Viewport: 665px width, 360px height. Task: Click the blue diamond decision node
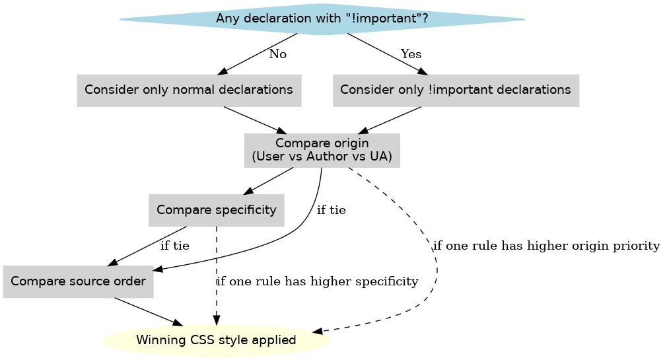(x=322, y=19)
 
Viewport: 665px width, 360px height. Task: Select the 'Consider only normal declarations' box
(x=189, y=90)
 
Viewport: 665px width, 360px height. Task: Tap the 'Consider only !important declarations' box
(x=456, y=90)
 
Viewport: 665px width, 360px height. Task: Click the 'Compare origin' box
(x=322, y=151)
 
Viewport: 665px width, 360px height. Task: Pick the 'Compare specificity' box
(x=217, y=211)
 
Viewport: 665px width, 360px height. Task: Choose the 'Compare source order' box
(x=79, y=281)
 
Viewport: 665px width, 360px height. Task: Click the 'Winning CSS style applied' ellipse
(x=216, y=341)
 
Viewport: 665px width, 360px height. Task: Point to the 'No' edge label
(x=277, y=54)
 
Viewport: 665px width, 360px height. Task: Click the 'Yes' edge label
(x=411, y=54)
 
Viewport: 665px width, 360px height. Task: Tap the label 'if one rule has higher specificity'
(x=318, y=281)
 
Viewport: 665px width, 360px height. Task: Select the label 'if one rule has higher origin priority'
(x=545, y=246)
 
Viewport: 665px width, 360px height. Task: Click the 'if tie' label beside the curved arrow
(x=331, y=211)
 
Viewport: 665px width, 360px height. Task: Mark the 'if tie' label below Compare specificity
(x=175, y=246)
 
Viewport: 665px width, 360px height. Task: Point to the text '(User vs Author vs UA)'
(x=322, y=158)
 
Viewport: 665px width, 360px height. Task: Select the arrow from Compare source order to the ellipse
(x=149, y=311)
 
